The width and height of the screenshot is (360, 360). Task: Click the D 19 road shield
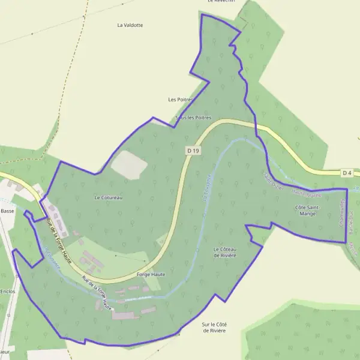192,151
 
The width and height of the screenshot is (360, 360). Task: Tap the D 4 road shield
347,173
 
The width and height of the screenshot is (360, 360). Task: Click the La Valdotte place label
130,25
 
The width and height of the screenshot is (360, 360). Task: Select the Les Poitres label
181,99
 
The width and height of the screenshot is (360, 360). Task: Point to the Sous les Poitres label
193,118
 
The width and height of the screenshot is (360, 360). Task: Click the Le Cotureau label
109,197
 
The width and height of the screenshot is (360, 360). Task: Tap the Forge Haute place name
151,274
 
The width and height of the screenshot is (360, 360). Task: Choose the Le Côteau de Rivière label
225,252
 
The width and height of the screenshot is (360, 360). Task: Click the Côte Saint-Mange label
308,210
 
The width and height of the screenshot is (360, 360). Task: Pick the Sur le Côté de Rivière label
214,328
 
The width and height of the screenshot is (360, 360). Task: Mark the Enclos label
8,291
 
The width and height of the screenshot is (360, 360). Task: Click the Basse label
7,211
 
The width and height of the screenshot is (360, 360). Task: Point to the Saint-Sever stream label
272,181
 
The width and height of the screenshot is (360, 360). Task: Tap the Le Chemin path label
52,258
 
